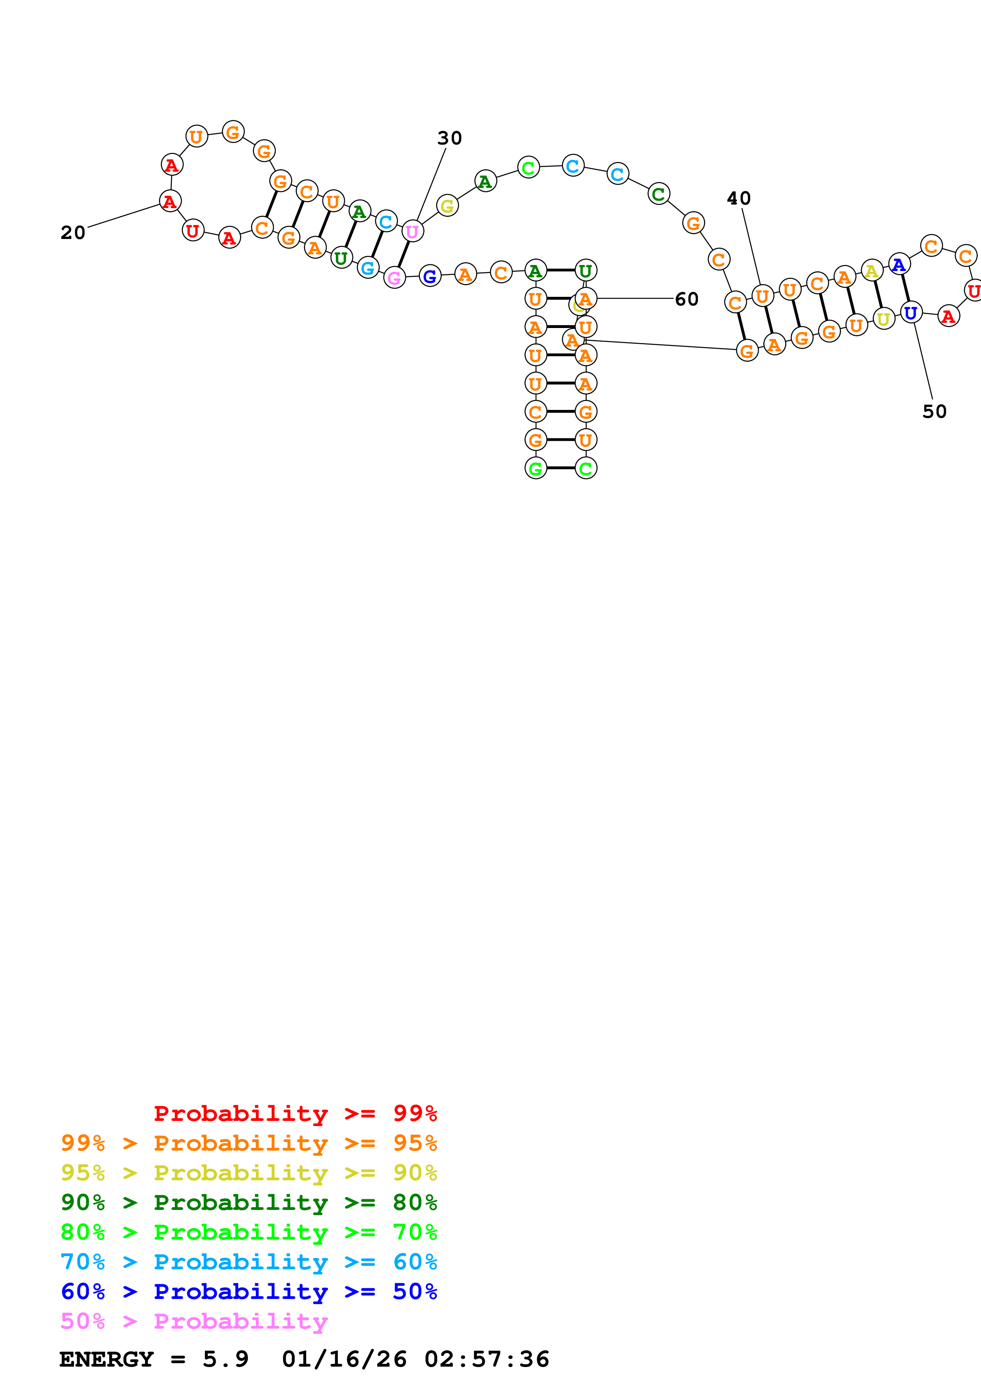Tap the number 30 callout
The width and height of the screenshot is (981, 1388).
449,138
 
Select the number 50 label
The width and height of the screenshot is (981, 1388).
934,411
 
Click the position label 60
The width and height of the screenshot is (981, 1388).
686,299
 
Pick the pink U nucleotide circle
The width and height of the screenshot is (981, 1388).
412,231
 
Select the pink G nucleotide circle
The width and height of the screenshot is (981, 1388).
394,277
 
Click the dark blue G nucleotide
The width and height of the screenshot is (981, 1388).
430,276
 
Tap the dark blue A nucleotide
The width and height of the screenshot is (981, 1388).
899,264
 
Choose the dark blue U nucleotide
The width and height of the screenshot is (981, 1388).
910,313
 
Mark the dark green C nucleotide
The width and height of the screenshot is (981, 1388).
658,194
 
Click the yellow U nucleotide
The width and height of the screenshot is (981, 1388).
883,319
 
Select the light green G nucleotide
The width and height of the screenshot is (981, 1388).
535,468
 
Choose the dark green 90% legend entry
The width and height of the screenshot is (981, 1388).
249,1202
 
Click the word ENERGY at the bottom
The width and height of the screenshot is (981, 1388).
106,1359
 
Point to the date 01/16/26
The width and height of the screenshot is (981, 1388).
344,1359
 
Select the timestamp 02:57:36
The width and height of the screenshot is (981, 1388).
487,1359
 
